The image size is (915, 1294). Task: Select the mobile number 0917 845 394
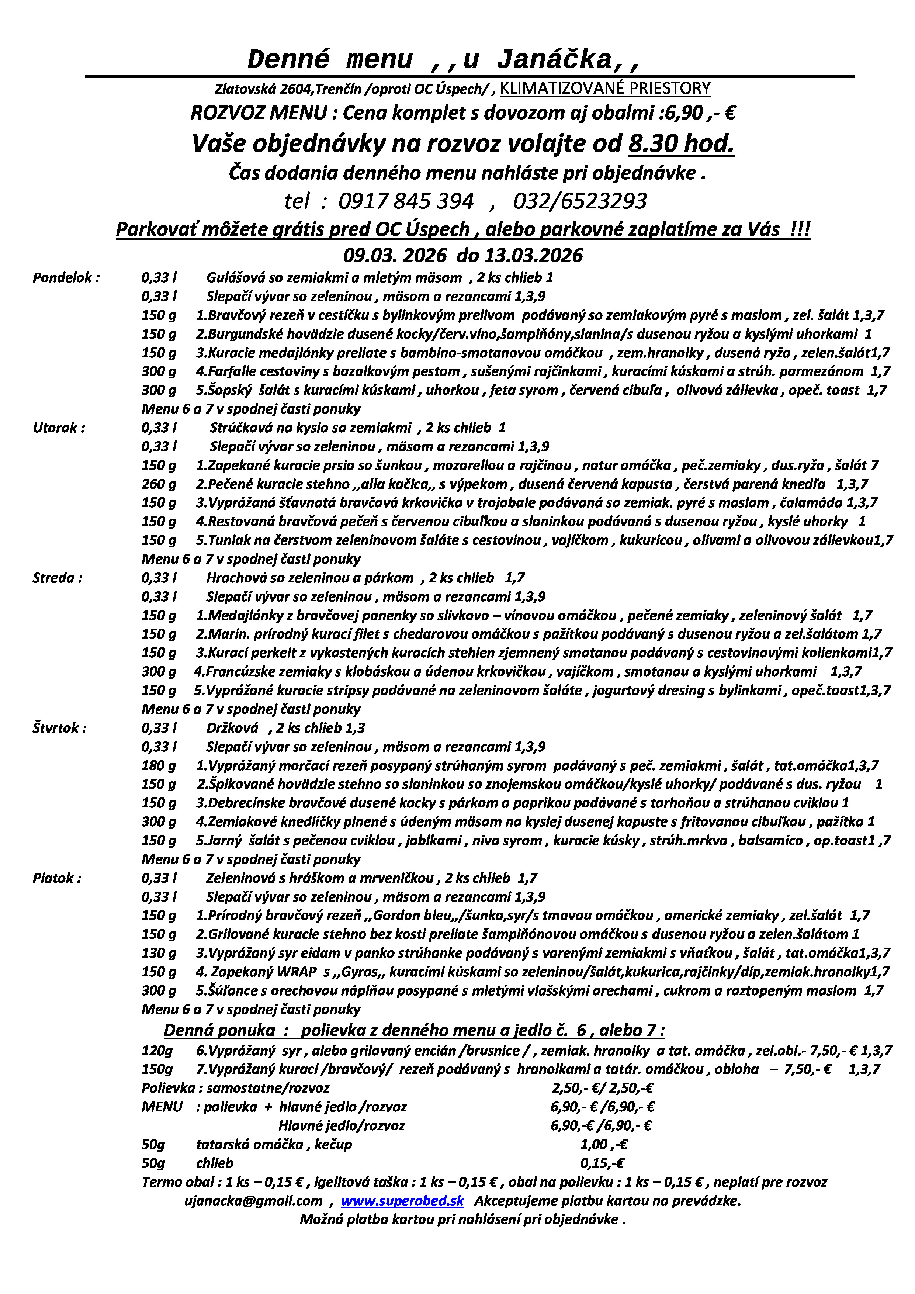point(406,201)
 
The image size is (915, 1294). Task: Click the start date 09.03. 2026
point(394,255)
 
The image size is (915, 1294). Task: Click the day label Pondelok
point(66,278)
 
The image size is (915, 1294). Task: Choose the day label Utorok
point(59,428)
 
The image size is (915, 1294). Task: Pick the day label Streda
point(58,578)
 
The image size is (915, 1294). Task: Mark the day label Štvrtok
point(59,728)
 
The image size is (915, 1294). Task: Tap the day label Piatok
point(56,878)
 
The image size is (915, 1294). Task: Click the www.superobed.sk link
point(402,1201)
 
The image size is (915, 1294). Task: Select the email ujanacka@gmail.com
point(253,1201)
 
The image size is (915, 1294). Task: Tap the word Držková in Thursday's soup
point(232,728)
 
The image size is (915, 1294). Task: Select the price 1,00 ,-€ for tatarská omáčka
point(603,1145)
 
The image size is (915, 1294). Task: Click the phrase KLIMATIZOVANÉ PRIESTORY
point(604,89)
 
